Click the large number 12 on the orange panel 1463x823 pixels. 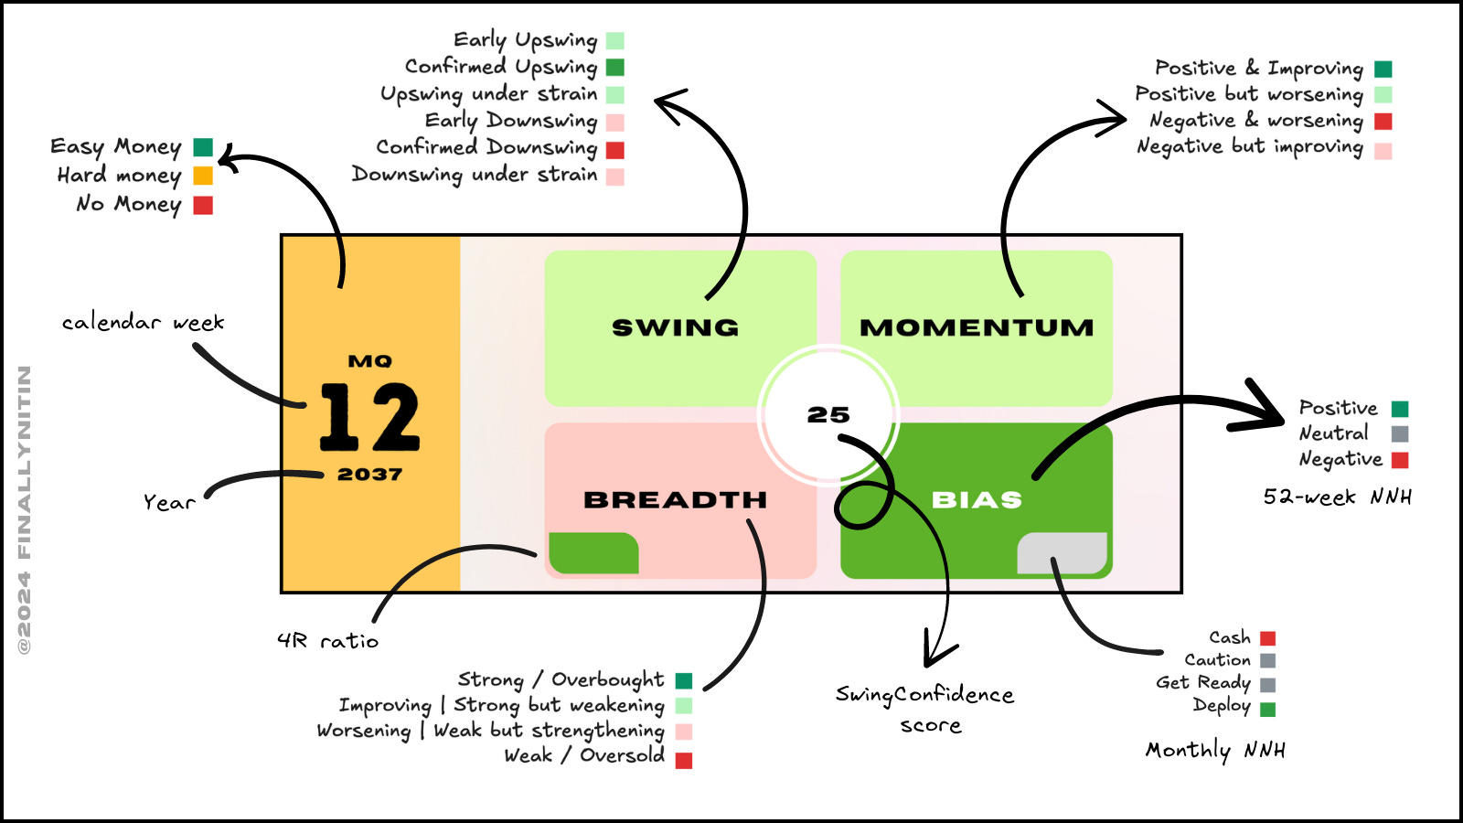pyautogui.click(x=369, y=417)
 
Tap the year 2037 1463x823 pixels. pyautogui.click(x=369, y=475)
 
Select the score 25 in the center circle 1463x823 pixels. pyautogui.click(x=828, y=415)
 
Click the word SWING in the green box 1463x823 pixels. pyautogui.click(x=675, y=327)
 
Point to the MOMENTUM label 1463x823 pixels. pyautogui.click(x=977, y=327)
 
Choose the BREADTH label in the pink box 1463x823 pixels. pyautogui.click(x=675, y=500)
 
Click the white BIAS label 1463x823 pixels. pyautogui.click(x=977, y=500)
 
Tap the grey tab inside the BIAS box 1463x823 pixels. pyautogui.click(x=1063, y=553)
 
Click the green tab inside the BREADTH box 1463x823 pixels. pyautogui.click(x=593, y=553)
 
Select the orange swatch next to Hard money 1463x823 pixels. pyautogui.click(x=203, y=176)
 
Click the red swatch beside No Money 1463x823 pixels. pyautogui.click(x=203, y=205)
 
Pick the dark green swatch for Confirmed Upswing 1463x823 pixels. pyautogui.click(x=615, y=68)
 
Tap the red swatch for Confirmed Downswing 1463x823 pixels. pyautogui.click(x=615, y=149)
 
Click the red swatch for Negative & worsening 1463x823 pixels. pyautogui.click(x=1383, y=122)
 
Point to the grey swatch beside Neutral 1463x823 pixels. pyautogui.click(x=1400, y=433)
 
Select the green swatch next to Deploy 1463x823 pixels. pyautogui.click(x=1267, y=709)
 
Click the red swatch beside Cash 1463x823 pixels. pyautogui.click(x=1267, y=638)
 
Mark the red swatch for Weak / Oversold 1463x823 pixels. pyautogui.click(x=684, y=760)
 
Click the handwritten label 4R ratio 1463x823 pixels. pyautogui.click(x=328, y=641)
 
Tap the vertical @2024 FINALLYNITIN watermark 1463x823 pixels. pyautogui.click(x=25, y=509)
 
